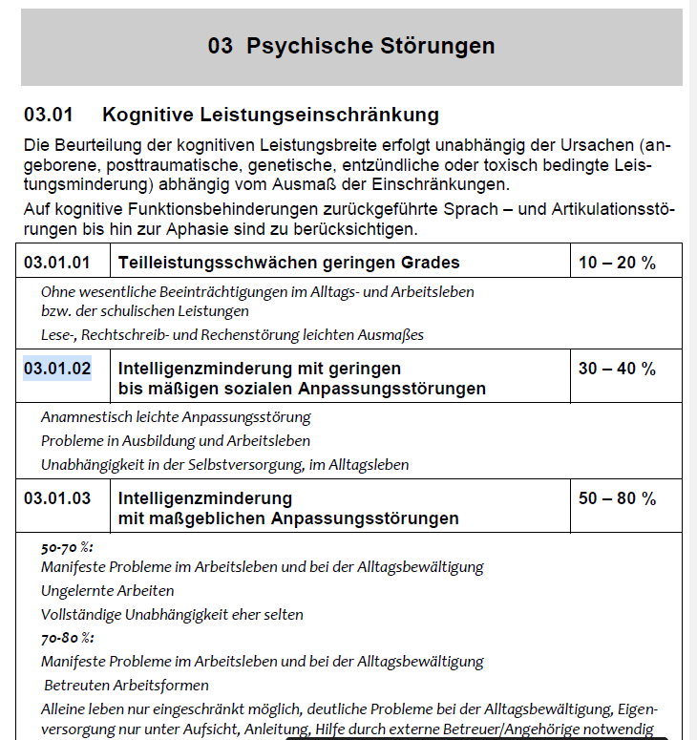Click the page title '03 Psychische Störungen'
[350, 46]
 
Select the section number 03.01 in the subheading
[49, 116]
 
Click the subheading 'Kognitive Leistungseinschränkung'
[270, 116]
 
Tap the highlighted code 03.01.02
[57, 368]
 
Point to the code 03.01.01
[57, 263]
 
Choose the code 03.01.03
[57, 498]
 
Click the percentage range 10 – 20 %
[617, 263]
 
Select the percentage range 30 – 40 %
[617, 368]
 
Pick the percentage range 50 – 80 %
[617, 498]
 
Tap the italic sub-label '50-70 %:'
[67, 547]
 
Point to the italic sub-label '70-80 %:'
[67, 638]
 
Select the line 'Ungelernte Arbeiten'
[107, 590]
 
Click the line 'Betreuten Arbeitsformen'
[126, 685]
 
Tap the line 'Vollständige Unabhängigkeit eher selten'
[172, 614]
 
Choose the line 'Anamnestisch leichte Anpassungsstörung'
[176, 417]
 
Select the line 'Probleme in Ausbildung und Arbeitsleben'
[176, 441]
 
